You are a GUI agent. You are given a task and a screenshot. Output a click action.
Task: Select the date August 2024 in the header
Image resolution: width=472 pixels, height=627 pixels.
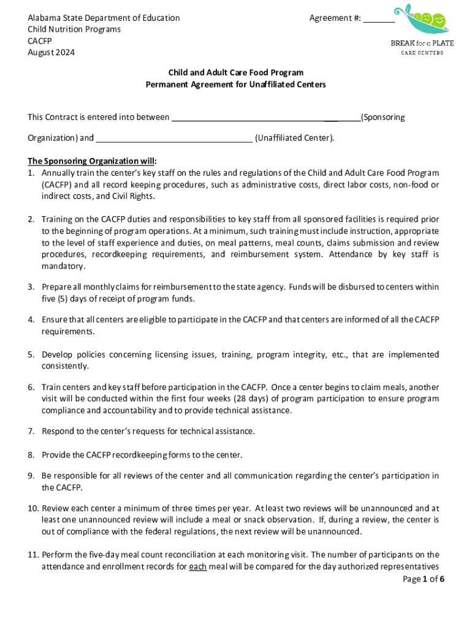click(51, 53)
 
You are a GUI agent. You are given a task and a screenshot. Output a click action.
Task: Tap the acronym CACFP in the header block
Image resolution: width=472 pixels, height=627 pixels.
click(40, 41)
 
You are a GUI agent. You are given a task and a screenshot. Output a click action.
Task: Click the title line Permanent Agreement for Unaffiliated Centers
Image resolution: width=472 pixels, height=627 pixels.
click(235, 84)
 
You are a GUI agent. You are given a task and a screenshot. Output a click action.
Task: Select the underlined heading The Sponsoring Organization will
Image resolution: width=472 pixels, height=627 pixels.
click(91, 161)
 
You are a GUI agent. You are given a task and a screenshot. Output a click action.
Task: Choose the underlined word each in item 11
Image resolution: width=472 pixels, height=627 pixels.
click(197, 567)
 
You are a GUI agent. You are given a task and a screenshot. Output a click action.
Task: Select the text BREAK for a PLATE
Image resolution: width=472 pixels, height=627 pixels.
click(422, 43)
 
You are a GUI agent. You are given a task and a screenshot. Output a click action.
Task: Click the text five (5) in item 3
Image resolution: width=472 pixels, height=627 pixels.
click(56, 299)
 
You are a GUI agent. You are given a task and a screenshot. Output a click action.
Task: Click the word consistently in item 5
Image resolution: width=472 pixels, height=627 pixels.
click(65, 366)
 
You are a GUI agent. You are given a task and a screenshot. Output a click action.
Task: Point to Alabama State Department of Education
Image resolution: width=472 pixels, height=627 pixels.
click(104, 18)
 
